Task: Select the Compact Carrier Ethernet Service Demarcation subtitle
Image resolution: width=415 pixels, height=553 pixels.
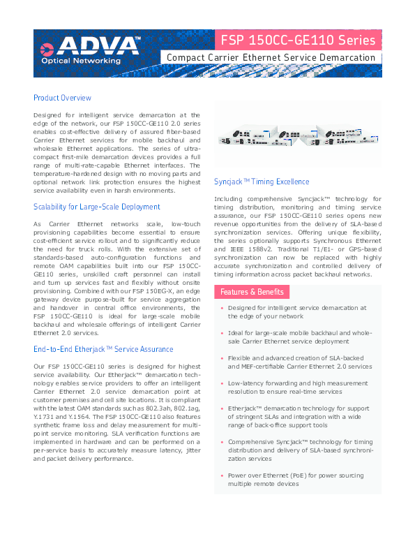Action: coord(271,57)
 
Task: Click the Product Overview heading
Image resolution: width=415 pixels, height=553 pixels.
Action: coord(62,98)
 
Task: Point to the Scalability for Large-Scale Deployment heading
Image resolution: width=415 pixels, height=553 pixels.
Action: coord(96,207)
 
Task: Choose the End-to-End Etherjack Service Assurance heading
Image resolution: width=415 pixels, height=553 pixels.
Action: coord(103,349)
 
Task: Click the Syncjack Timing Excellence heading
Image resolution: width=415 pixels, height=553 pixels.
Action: coord(261,182)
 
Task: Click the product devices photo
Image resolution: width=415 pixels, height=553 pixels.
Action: coord(297,135)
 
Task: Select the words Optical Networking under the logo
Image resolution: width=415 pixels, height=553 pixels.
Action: coord(72,61)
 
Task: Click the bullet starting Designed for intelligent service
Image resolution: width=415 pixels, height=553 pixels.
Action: coord(297,311)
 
